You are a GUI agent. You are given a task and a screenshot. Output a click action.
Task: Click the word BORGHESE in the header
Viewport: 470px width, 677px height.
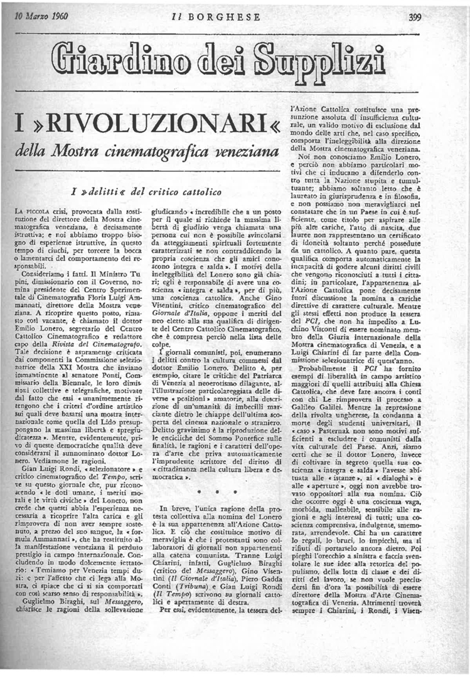pos(223,17)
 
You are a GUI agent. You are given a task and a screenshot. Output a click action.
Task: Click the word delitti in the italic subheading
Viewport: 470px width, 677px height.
pos(112,189)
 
